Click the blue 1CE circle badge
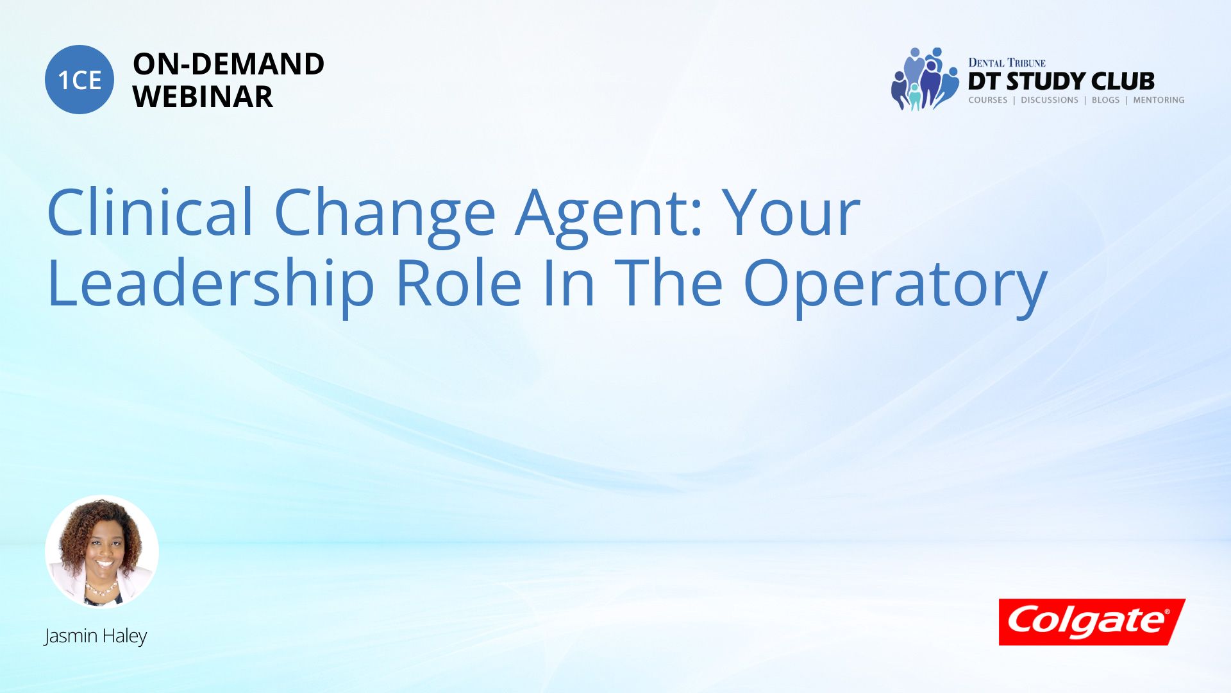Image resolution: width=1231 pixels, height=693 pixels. pyautogui.click(x=80, y=80)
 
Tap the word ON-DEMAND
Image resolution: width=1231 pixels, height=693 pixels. pyautogui.click(x=228, y=64)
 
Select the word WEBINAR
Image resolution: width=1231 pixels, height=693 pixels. pyautogui.click(x=203, y=97)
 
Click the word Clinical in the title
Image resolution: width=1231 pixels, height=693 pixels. pyautogui.click(x=151, y=212)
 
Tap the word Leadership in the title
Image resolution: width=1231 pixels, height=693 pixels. pyautogui.click(x=211, y=284)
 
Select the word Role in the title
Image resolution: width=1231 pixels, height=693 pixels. pyautogui.click(x=458, y=282)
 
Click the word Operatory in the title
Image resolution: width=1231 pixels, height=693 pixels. pyautogui.click(x=895, y=284)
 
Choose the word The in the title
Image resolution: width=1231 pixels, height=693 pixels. pyautogui.click(x=669, y=282)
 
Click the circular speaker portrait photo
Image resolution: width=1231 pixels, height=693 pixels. pyautogui.click(x=102, y=552)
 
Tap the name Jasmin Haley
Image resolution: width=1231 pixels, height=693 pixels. pyautogui.click(x=96, y=636)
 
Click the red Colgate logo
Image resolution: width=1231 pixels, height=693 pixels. pyautogui.click(x=1092, y=622)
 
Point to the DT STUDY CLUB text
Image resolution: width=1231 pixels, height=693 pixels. pyautogui.click(x=1061, y=81)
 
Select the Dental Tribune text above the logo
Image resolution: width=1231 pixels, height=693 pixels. pyautogui.click(x=1007, y=63)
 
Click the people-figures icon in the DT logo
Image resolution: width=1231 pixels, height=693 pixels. pyautogui.click(x=923, y=79)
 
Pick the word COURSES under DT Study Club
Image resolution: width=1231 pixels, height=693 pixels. pyautogui.click(x=988, y=100)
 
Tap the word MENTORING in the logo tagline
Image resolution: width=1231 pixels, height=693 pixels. pyautogui.click(x=1159, y=100)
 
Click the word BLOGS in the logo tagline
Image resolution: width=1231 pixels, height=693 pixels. pyautogui.click(x=1105, y=100)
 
